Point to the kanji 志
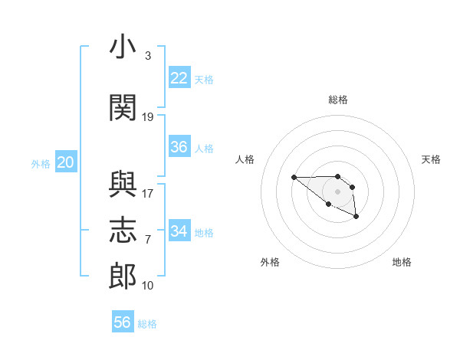click(x=123, y=231)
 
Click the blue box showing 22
click(x=179, y=78)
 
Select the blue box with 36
click(x=179, y=147)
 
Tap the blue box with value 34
click(x=179, y=231)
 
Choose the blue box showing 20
click(x=66, y=162)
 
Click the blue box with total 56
click(x=123, y=322)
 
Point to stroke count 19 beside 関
click(x=148, y=117)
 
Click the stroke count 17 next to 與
click(x=148, y=193)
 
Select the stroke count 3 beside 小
click(x=148, y=56)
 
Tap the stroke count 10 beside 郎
click(x=148, y=286)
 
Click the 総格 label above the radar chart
click(x=338, y=100)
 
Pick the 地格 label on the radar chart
click(x=402, y=262)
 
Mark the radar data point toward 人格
click(x=294, y=178)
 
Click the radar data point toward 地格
click(x=356, y=218)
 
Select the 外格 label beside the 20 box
click(x=41, y=163)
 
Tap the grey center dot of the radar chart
click(x=338, y=191)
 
